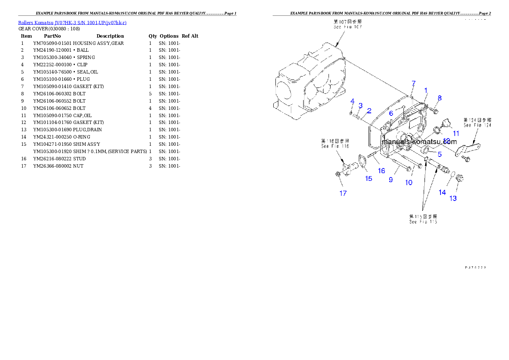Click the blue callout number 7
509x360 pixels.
[x=413, y=83]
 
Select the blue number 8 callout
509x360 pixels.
[x=439, y=98]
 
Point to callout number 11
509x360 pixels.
[x=456, y=133]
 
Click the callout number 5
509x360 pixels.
[x=439, y=154]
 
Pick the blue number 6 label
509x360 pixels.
[x=391, y=113]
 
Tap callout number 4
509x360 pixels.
[x=352, y=101]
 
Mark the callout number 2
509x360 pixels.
[x=369, y=110]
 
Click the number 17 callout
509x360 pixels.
[x=343, y=193]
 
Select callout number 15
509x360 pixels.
[x=368, y=179]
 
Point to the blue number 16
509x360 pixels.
[x=381, y=171]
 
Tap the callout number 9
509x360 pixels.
[x=391, y=180]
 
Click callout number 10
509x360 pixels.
[x=409, y=183]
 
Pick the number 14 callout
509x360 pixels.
[x=442, y=192]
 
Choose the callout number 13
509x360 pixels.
[x=453, y=198]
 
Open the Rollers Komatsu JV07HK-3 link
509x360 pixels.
[x=72, y=23]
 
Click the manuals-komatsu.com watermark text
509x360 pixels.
[x=420, y=142]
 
